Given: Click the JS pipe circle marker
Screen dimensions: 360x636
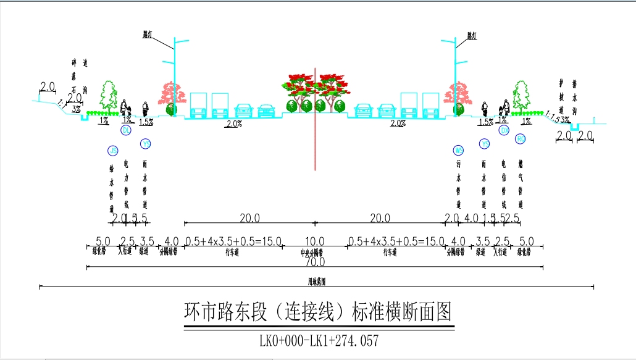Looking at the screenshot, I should click(x=112, y=151).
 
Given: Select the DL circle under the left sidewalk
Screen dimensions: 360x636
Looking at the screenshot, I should click(x=126, y=131).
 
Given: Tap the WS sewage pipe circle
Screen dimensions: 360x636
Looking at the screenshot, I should click(x=458, y=150).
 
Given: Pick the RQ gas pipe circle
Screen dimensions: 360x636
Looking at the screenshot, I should click(x=520, y=139).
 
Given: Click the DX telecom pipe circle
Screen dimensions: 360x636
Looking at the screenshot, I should click(x=504, y=131).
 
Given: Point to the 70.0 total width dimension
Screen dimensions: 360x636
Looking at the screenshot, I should click(x=315, y=262).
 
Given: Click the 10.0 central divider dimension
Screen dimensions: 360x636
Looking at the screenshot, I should click(x=315, y=241).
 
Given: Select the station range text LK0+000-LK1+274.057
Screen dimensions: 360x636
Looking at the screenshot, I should click(x=319, y=340).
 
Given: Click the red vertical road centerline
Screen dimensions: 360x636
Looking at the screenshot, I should click(x=315, y=142).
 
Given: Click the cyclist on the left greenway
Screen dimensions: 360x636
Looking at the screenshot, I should click(x=146, y=109).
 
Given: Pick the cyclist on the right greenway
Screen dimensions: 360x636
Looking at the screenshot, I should click(x=485, y=109).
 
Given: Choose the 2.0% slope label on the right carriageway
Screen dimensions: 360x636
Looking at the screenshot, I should click(x=398, y=123).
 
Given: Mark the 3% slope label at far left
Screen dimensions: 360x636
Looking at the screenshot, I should click(x=76, y=109).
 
